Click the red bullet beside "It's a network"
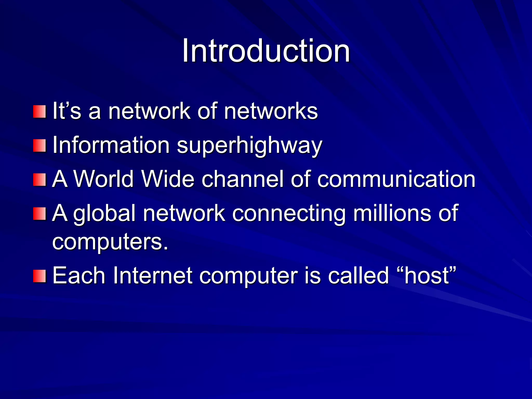point(39,111)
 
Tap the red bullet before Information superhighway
point(39,145)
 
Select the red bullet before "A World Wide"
point(39,180)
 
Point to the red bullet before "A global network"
point(39,214)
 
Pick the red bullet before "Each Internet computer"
point(39,276)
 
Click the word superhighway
point(249,146)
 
